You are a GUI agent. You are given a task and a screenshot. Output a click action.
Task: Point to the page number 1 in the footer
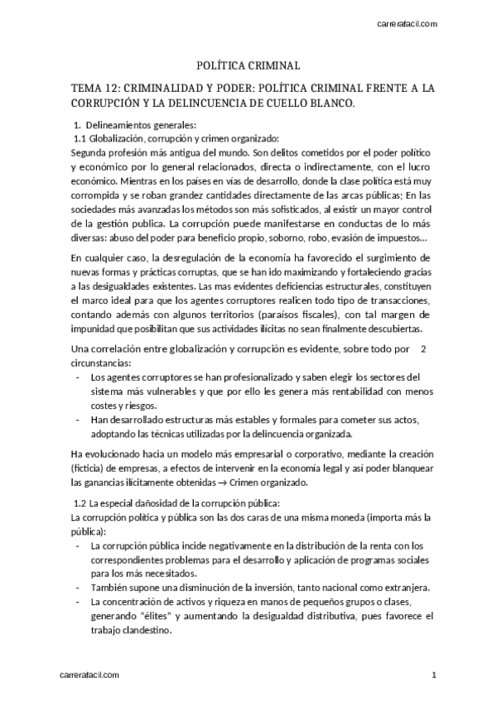433,676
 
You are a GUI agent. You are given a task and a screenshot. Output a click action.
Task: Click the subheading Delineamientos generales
128,124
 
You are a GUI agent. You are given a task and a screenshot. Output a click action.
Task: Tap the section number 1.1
80,137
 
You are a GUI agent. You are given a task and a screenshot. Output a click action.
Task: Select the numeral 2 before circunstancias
424,348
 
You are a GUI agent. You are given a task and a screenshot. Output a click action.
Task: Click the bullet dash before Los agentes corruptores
78,377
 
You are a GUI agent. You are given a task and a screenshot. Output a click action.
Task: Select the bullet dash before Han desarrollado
78,420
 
